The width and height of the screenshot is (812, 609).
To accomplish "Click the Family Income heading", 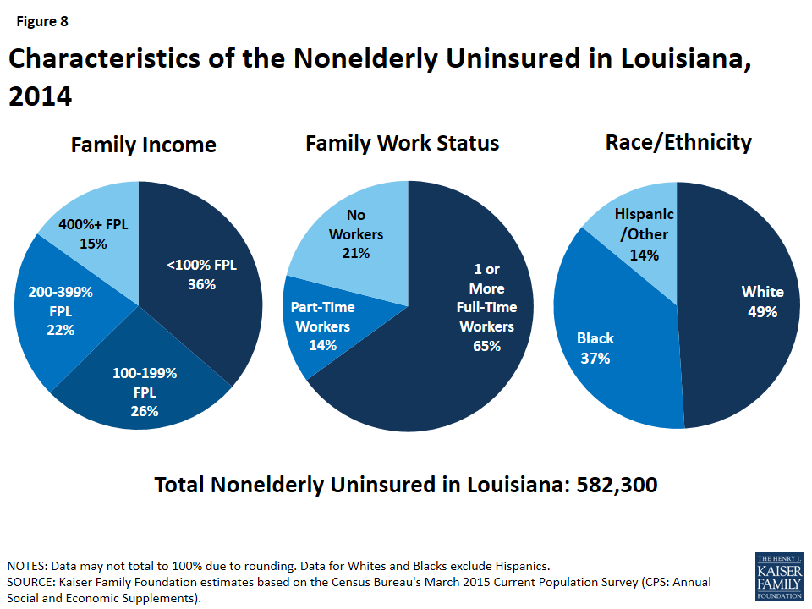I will pos(143,145).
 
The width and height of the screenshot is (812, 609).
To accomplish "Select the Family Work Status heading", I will pos(402,143).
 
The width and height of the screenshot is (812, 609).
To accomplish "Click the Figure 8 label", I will pos(39,22).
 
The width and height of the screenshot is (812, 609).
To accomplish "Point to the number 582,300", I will pos(617,485).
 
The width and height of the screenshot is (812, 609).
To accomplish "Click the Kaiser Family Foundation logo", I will pos(778,578).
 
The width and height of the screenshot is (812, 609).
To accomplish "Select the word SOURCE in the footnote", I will pos(29,582).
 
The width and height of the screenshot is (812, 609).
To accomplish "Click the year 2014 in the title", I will pos(40,96).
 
